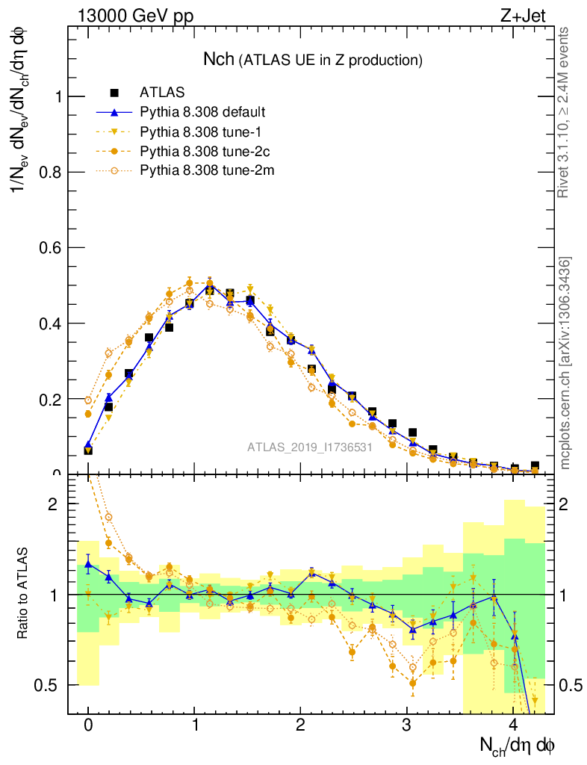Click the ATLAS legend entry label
pos(162,93)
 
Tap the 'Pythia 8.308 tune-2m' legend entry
pos(202,170)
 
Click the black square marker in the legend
pos(114,93)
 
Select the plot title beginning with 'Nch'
pos(313,59)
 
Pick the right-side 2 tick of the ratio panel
pos(569,504)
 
